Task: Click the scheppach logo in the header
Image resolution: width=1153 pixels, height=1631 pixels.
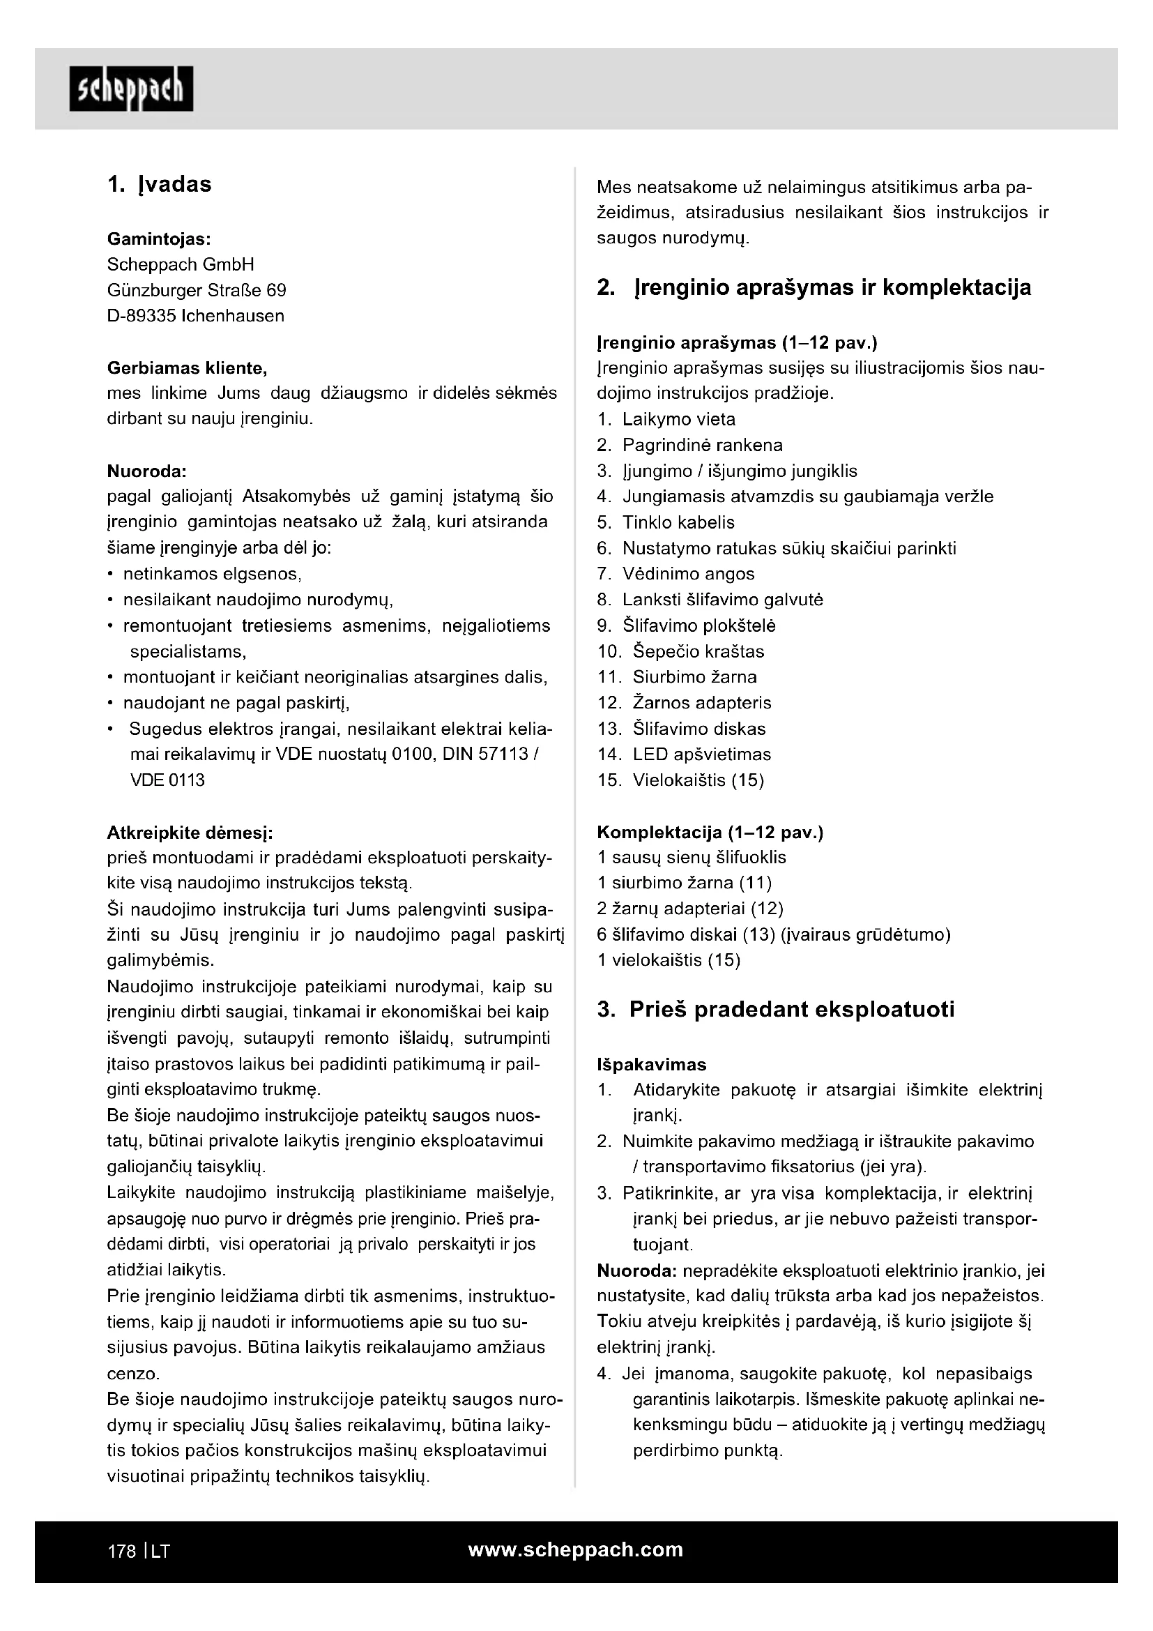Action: (x=131, y=89)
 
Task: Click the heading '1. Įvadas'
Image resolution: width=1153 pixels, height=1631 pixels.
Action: (x=160, y=185)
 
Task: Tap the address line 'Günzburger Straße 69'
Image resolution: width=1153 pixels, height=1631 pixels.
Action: (x=197, y=291)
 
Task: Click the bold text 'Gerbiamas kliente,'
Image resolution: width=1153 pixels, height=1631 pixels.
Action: (x=188, y=368)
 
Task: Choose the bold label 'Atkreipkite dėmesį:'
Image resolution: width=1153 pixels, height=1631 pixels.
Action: (x=190, y=832)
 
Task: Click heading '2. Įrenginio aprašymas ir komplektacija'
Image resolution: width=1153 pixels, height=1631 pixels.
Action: (x=814, y=288)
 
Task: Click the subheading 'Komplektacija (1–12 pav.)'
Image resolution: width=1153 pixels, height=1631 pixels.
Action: (x=710, y=832)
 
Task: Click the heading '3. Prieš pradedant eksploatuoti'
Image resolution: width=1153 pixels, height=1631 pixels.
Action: (x=776, y=1010)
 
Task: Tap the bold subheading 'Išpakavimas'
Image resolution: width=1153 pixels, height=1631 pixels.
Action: (x=652, y=1064)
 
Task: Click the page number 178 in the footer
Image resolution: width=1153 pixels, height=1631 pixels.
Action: (x=121, y=1552)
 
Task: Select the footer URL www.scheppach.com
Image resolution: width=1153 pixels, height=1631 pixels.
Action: (x=576, y=1549)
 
